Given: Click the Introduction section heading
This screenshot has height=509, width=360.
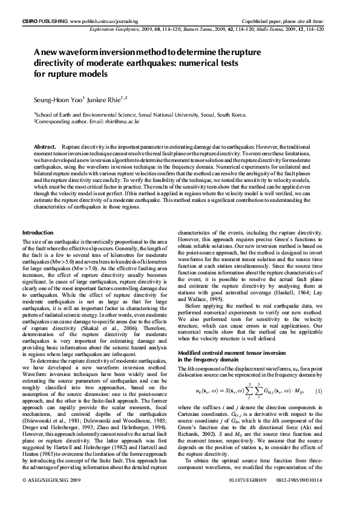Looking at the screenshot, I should tap(38, 233).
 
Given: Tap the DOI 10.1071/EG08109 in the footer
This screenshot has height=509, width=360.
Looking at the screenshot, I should tap(249, 497).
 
